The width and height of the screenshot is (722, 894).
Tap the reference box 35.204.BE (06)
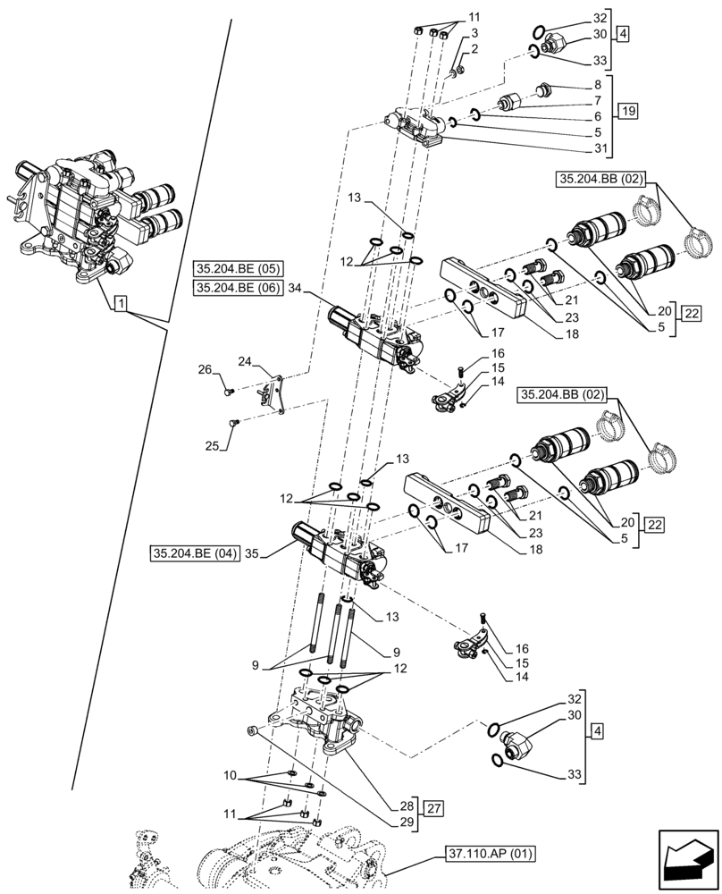coord(236,287)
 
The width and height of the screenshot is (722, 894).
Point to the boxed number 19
coord(625,113)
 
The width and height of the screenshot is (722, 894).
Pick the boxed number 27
coord(434,810)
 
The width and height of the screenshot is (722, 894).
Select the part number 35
coord(253,553)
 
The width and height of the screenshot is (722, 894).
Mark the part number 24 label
coord(245,362)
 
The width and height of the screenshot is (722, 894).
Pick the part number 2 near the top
coord(475,49)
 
